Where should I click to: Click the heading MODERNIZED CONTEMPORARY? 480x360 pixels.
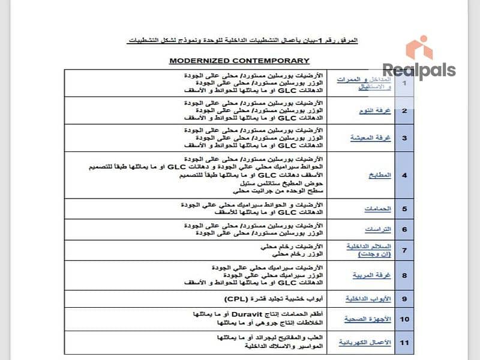coord(239,61)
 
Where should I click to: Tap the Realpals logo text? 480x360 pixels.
coord(419,71)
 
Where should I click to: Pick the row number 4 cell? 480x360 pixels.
coord(404,175)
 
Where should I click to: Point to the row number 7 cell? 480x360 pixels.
coord(404,250)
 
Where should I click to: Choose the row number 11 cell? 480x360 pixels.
coord(404,342)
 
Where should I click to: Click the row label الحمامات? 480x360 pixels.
coord(378,209)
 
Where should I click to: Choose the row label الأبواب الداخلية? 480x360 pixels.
coord(368,298)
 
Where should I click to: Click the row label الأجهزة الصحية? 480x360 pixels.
coord(368,319)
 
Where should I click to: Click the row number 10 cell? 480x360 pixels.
coord(404,319)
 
